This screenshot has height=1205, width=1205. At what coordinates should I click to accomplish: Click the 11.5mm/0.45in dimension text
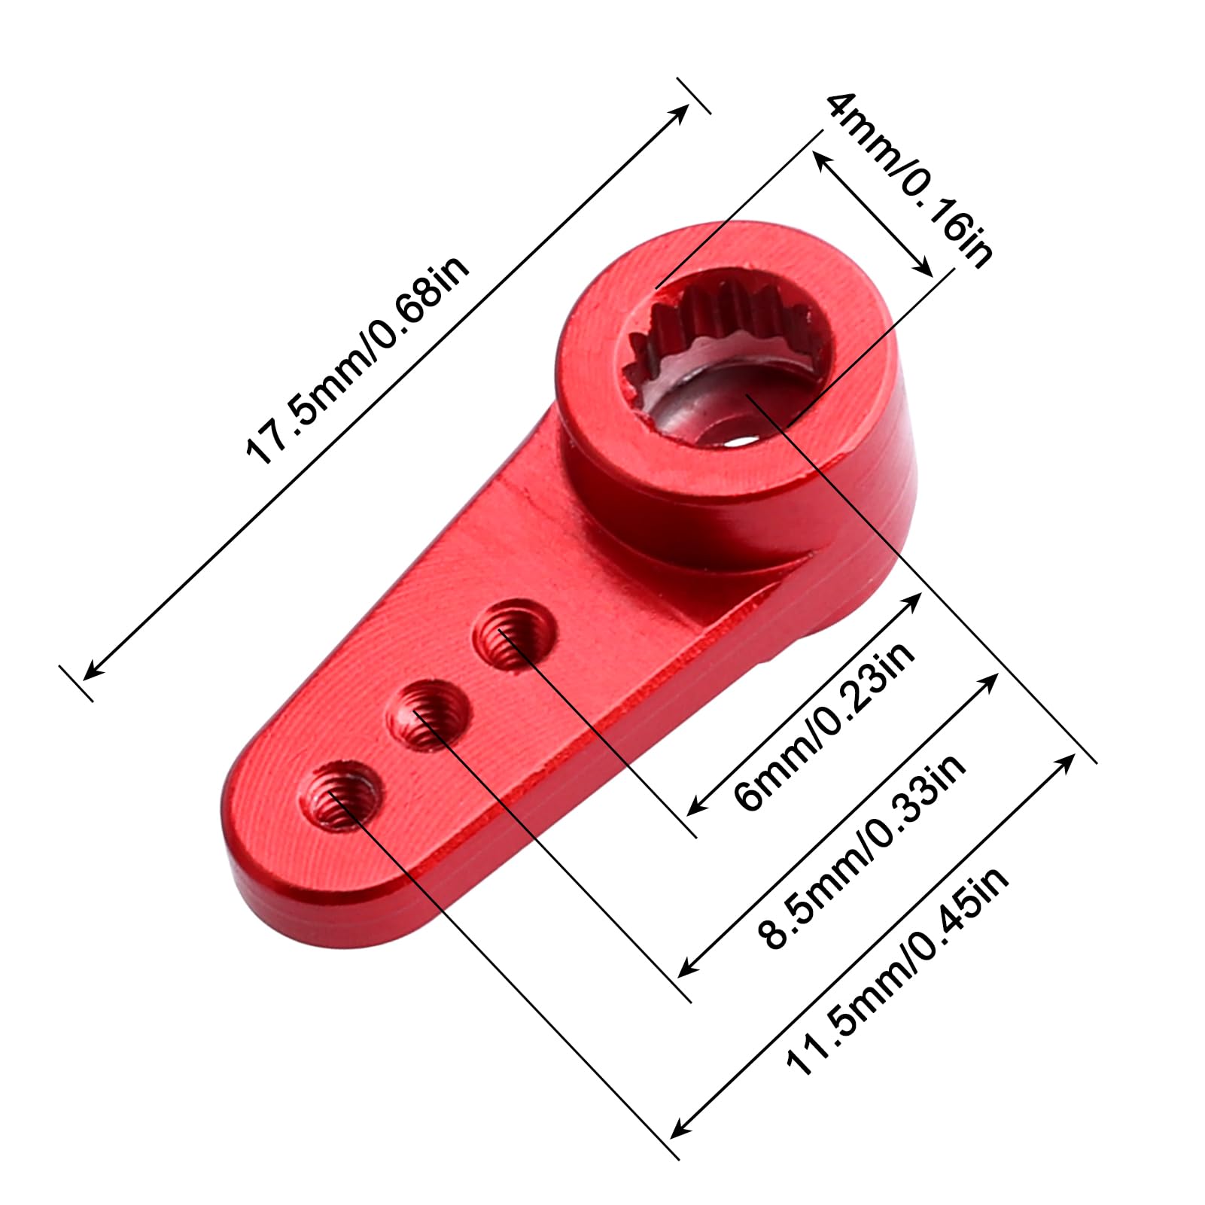coord(896,972)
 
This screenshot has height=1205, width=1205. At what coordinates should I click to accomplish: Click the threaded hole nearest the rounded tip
coord(341,795)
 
